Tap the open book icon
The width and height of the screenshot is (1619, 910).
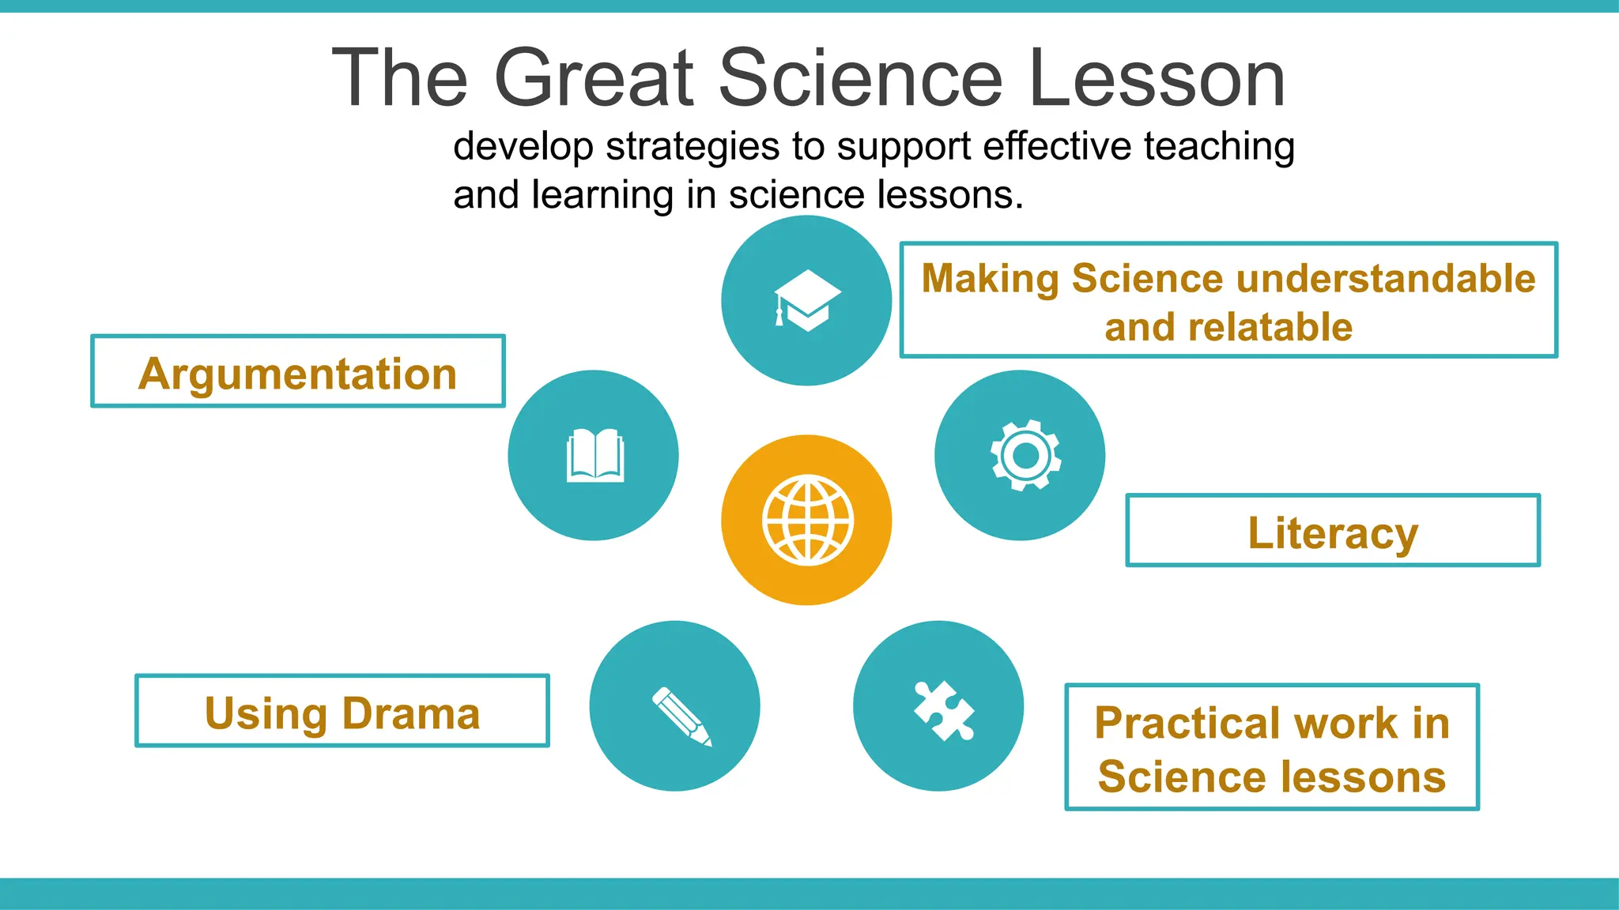click(x=594, y=455)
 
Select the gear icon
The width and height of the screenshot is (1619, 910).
click(x=1025, y=455)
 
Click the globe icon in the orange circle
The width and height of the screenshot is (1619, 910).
click(x=807, y=520)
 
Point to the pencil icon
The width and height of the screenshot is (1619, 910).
click(x=681, y=716)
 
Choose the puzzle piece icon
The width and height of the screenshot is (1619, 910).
click(x=943, y=710)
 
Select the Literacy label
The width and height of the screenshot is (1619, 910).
click(x=1333, y=532)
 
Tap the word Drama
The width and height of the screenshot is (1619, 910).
click(x=411, y=713)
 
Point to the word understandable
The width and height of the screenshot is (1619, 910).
click(x=1386, y=278)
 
